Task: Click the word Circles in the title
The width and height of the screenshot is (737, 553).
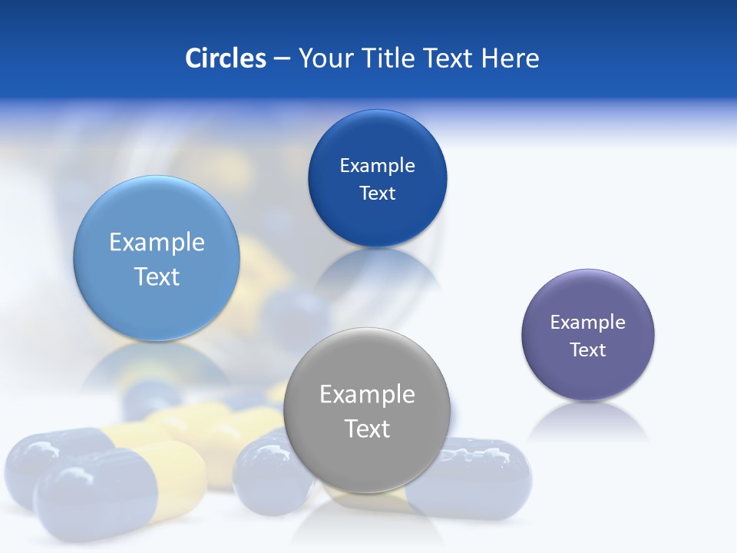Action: click(226, 58)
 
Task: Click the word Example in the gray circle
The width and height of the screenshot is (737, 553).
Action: click(367, 394)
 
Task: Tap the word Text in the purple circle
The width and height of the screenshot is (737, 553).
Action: click(588, 350)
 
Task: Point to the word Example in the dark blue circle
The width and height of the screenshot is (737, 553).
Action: click(377, 166)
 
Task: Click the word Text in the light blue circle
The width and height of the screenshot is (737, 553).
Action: click(157, 276)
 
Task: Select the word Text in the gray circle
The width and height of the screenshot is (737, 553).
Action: click(367, 429)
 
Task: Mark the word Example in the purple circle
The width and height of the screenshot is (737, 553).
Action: click(588, 323)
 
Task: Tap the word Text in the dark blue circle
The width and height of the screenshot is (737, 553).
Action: click(377, 194)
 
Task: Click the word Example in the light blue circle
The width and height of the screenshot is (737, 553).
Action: click(157, 243)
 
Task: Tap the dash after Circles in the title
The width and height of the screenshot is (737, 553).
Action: click(282, 59)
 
